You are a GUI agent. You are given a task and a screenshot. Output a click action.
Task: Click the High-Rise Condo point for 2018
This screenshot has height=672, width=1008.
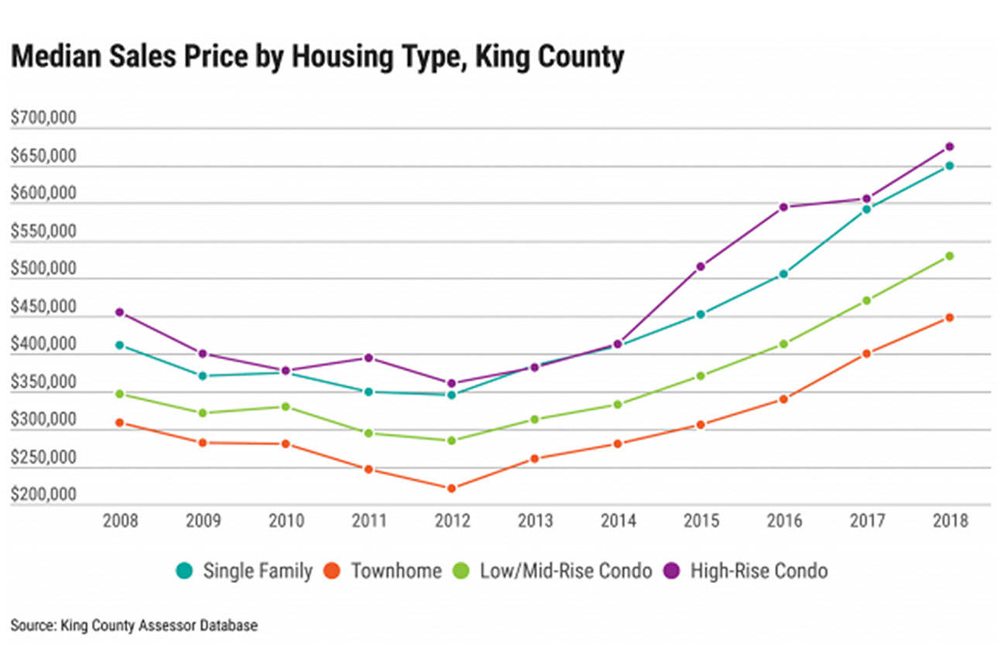point(949,146)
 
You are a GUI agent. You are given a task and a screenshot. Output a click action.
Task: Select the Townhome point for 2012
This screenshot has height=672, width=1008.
point(452,488)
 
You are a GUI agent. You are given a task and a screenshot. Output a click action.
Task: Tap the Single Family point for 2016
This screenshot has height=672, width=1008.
point(783,274)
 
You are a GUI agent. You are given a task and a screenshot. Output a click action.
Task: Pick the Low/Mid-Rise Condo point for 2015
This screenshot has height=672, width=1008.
point(700,375)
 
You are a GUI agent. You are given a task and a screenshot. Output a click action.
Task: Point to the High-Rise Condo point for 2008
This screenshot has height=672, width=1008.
point(120,312)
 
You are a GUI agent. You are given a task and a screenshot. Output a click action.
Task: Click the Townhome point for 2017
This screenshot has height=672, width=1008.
point(866,354)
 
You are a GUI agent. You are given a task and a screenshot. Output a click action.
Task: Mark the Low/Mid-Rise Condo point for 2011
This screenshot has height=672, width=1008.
point(369,433)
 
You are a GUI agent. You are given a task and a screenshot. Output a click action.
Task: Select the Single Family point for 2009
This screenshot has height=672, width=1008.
point(203,375)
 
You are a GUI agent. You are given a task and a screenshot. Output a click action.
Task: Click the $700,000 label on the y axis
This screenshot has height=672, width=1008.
point(43,118)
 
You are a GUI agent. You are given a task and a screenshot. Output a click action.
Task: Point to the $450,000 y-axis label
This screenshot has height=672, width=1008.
point(43,308)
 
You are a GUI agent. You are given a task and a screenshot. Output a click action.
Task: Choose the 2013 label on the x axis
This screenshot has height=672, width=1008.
point(535,521)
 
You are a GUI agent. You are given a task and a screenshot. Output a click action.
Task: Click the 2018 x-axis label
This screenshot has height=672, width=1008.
point(950,521)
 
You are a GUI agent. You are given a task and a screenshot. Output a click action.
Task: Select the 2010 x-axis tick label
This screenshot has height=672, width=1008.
point(286,521)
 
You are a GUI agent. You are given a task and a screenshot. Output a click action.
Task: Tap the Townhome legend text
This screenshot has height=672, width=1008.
point(396,571)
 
